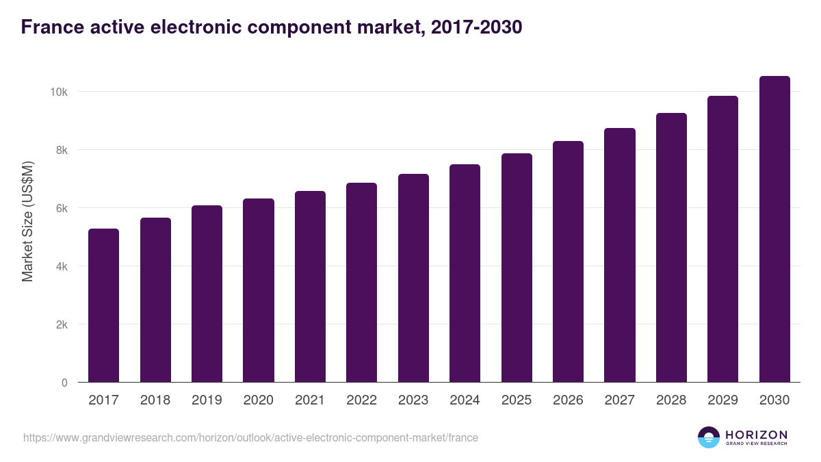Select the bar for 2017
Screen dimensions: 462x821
pyautogui.click(x=103, y=305)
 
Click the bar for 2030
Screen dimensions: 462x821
pyautogui.click(x=774, y=229)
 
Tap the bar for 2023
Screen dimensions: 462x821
pyautogui.click(x=413, y=278)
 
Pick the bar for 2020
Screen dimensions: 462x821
pyautogui.click(x=259, y=290)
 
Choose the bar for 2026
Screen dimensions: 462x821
pyautogui.click(x=568, y=261)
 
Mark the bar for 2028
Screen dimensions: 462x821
pyautogui.click(x=671, y=248)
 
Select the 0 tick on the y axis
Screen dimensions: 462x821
pyautogui.click(x=64, y=383)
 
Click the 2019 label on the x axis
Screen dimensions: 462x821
pyautogui.click(x=207, y=400)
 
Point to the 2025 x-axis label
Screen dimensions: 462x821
pyautogui.click(x=517, y=400)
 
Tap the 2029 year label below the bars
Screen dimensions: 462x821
pyautogui.click(x=722, y=400)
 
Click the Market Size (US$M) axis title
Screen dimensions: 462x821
pyautogui.click(x=27, y=220)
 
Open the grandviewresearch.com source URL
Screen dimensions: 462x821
pyautogui.click(x=250, y=437)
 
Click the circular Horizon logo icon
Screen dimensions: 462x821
pyautogui.click(x=709, y=437)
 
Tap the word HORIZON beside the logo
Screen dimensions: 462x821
pyautogui.click(x=756, y=435)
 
